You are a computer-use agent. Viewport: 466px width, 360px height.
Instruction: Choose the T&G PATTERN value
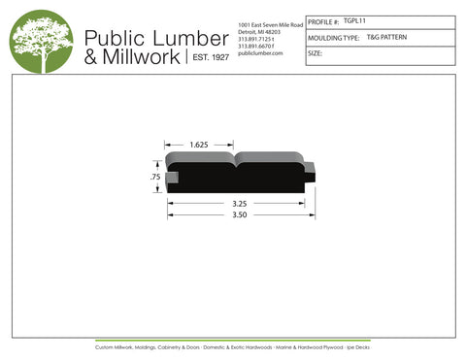387,37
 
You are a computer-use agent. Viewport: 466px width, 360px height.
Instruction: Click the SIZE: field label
315,53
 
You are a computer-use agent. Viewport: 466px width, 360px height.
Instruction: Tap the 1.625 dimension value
199,145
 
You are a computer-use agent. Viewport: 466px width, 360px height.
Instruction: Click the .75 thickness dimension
155,178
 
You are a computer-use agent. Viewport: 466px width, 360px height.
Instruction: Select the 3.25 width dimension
242,204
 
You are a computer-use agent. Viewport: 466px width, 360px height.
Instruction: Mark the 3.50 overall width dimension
242,214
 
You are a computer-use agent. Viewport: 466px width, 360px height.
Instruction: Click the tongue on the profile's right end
310,175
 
